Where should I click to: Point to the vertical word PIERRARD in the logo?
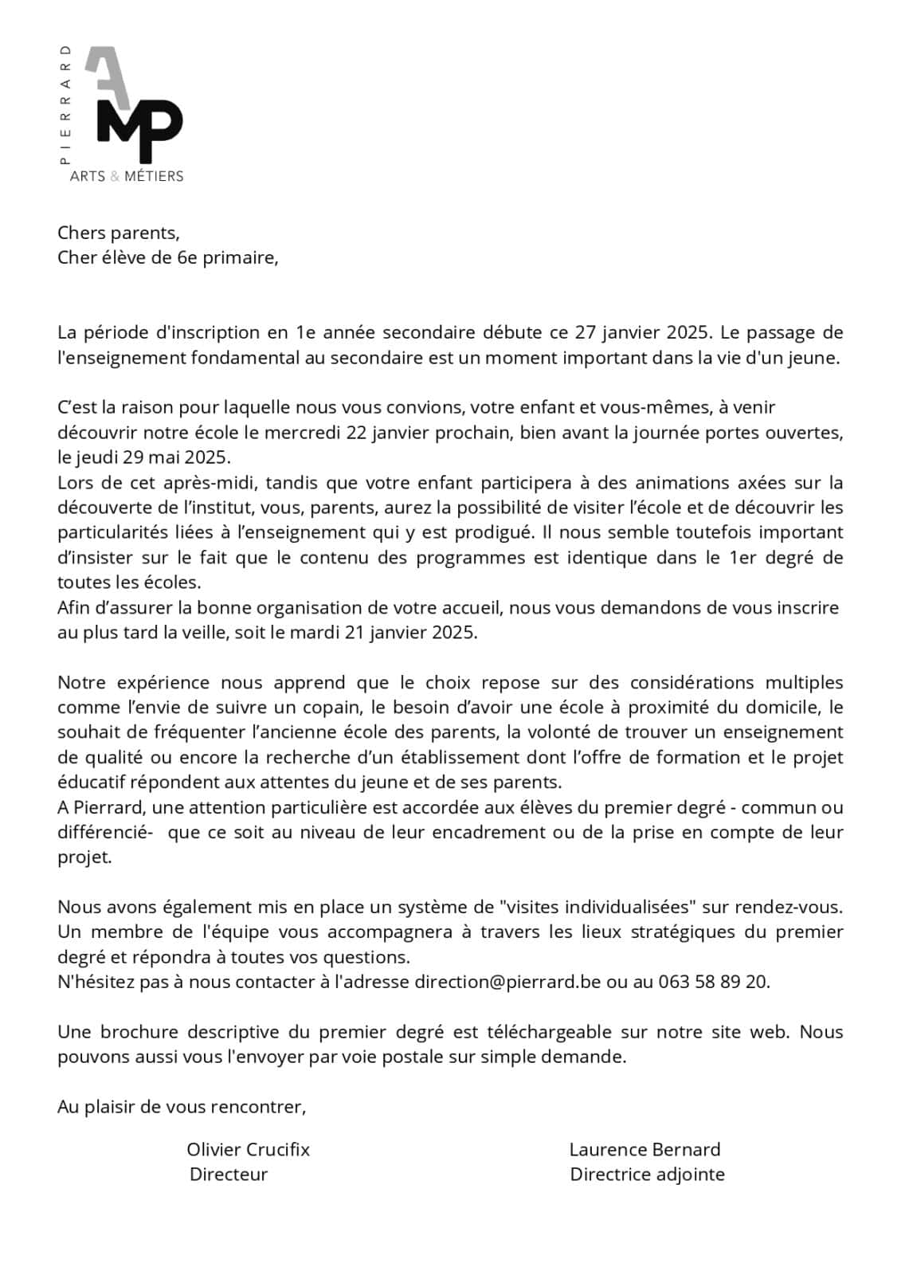coord(65,104)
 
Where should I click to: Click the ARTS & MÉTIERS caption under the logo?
coord(127,176)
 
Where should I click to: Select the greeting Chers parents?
coord(119,233)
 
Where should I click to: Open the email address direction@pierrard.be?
coord(507,982)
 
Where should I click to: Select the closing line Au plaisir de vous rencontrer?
coord(182,1107)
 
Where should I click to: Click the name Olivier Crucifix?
coord(249,1149)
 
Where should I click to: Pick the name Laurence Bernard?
coord(644,1149)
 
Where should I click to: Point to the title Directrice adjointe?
coord(647,1174)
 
